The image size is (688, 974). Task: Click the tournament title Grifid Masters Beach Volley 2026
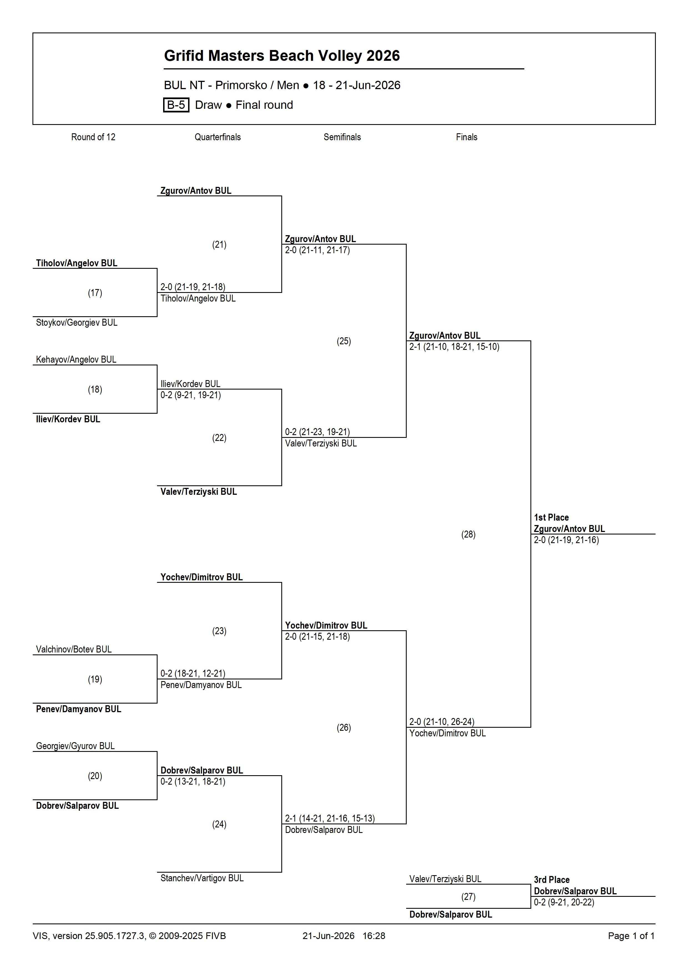(282, 56)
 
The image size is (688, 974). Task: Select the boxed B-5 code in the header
(176, 105)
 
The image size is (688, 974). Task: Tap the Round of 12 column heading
(93, 137)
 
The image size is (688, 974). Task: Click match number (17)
(95, 293)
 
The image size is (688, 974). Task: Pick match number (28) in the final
(468, 534)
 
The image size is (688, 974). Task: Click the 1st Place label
(551, 518)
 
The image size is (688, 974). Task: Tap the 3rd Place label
(552, 880)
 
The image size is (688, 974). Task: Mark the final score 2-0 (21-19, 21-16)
(566, 540)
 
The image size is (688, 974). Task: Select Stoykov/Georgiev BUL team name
(77, 323)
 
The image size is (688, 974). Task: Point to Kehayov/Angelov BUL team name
(76, 360)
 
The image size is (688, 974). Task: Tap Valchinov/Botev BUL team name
(74, 649)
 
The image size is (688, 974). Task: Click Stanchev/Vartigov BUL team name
(202, 878)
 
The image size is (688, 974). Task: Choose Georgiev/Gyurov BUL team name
(75, 746)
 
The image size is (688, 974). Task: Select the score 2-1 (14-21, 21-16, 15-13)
(330, 818)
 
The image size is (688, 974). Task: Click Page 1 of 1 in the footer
(631, 936)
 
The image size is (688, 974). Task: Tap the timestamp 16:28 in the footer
(374, 936)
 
